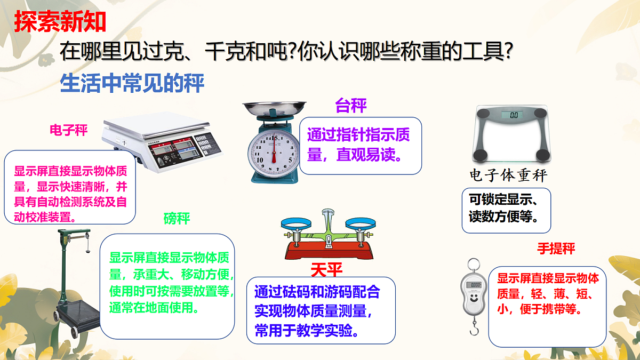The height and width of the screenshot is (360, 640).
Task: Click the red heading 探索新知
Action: tap(60, 22)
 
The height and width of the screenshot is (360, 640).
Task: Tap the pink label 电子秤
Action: tap(68, 130)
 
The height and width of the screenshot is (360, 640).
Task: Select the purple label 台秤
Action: tap(351, 105)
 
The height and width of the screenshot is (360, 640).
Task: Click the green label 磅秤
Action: tap(177, 218)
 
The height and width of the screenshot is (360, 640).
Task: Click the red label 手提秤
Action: tap(556, 249)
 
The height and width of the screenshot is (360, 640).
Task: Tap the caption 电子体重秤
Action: tap(508, 175)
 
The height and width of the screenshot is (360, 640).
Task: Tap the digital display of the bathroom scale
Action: tap(514, 115)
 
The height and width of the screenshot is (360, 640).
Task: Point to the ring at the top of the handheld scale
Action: tap(473, 264)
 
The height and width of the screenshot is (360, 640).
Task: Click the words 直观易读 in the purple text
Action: tap(368, 155)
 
